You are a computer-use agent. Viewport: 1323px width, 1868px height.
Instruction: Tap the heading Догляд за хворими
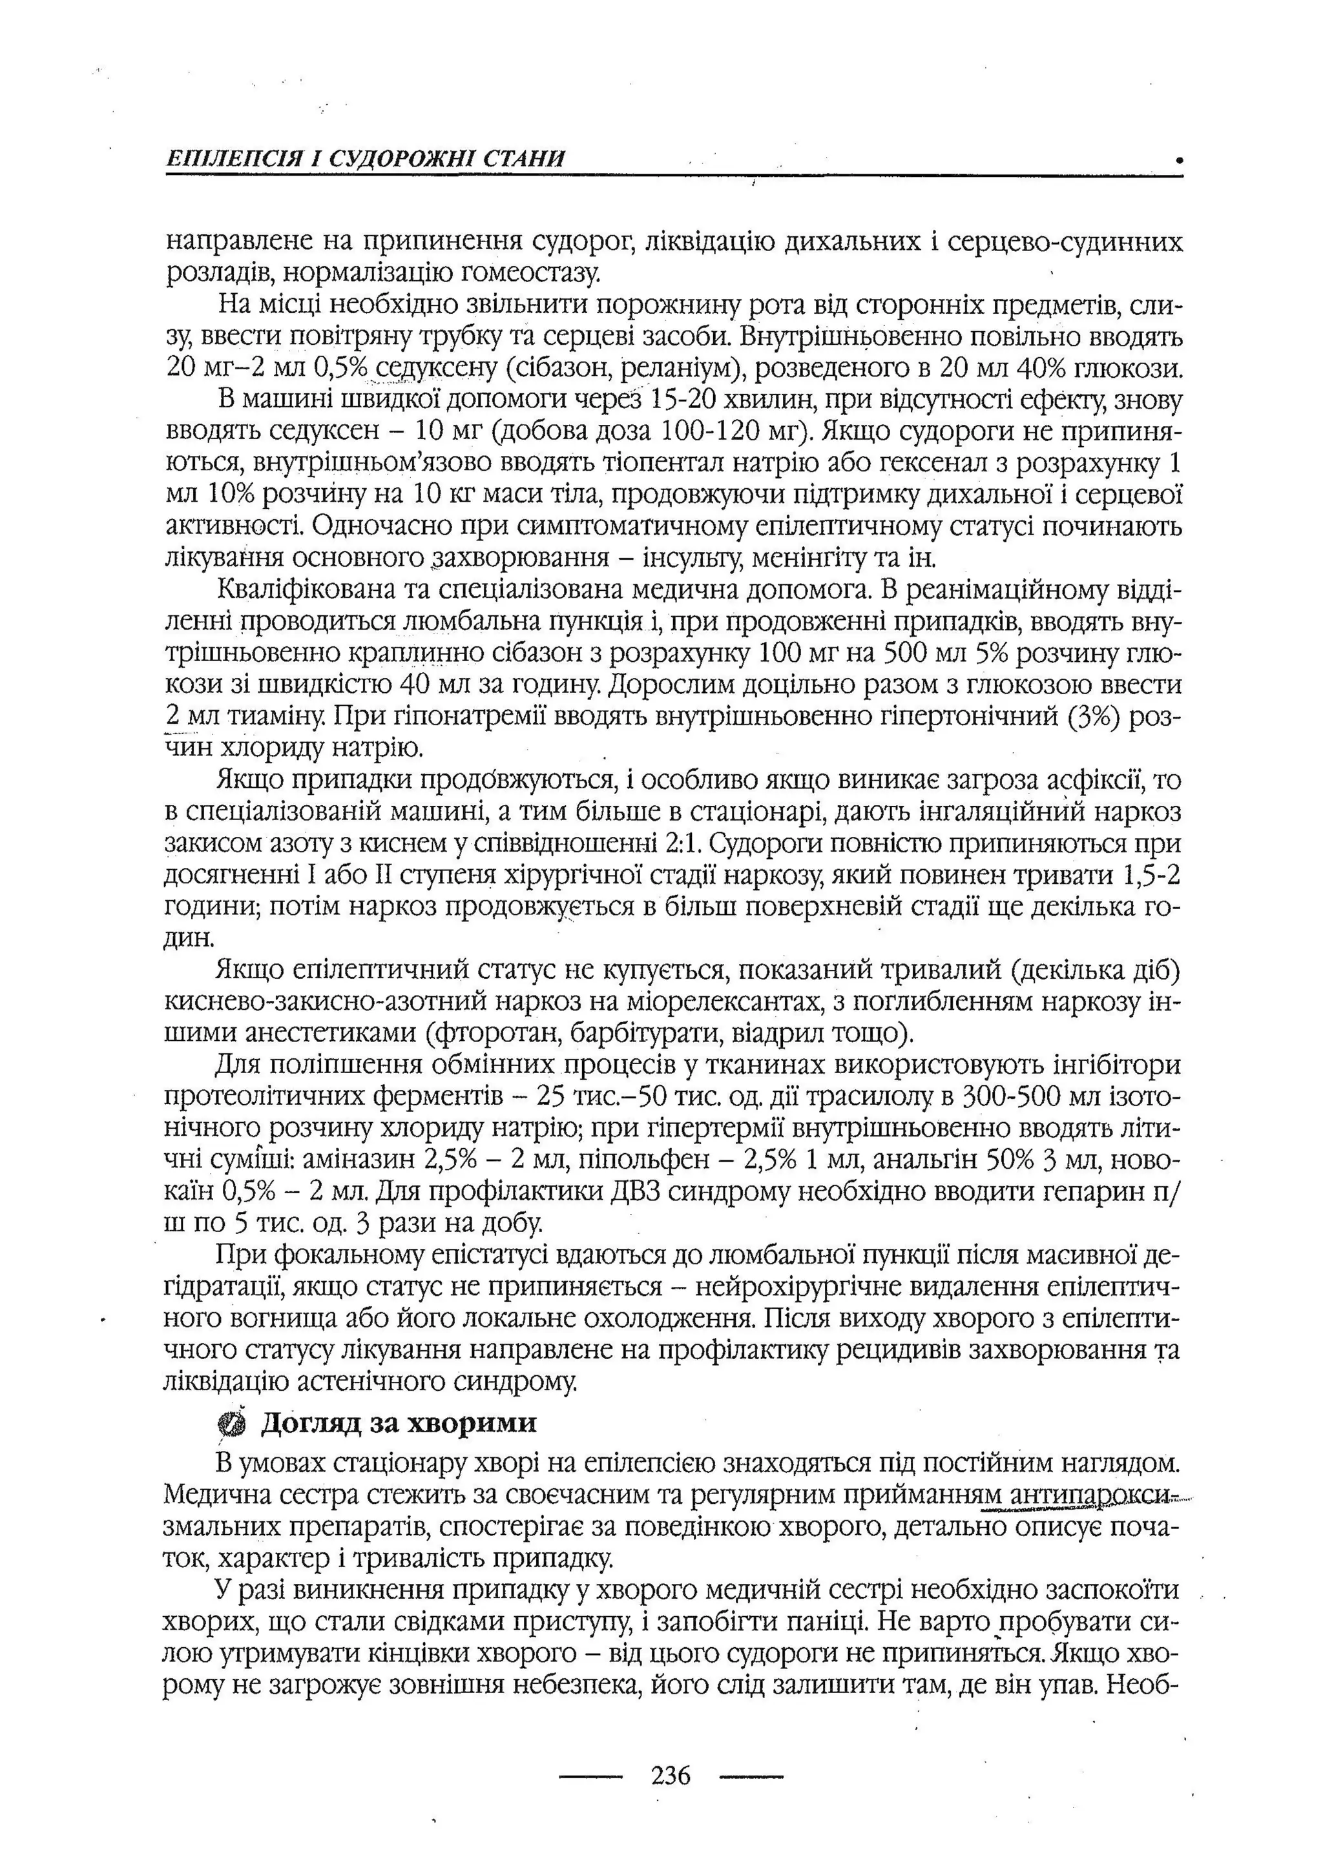tap(399, 1422)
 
